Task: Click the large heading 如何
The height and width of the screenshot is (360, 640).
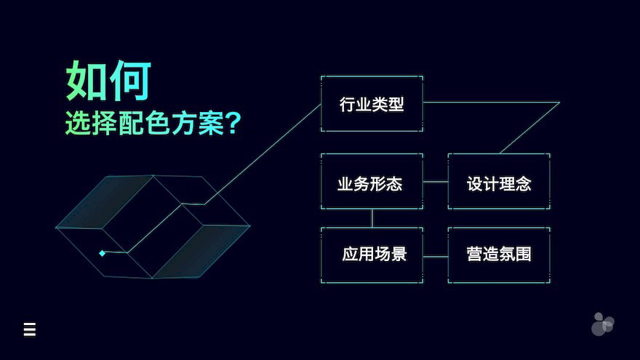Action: coord(108,81)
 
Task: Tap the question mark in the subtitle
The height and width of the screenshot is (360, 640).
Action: coord(233,123)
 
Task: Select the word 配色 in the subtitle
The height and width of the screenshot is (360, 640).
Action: coord(144,123)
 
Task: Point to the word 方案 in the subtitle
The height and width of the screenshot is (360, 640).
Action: coord(197,123)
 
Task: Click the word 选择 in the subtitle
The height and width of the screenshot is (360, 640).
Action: coord(91,123)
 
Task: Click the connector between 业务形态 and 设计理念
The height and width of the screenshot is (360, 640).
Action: coord(436,182)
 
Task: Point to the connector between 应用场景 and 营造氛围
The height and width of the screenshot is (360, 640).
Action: coord(436,257)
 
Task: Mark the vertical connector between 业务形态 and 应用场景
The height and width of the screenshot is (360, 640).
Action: coord(372,218)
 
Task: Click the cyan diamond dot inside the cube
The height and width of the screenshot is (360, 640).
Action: coord(102,254)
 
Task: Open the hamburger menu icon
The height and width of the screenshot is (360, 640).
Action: coord(29,329)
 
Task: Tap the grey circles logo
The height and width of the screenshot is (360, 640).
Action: coord(602,324)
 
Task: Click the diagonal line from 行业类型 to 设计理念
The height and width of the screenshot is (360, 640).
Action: coord(529,128)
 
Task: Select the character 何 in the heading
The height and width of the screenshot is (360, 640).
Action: coord(131,81)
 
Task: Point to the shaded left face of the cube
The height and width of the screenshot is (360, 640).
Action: coord(105,201)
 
